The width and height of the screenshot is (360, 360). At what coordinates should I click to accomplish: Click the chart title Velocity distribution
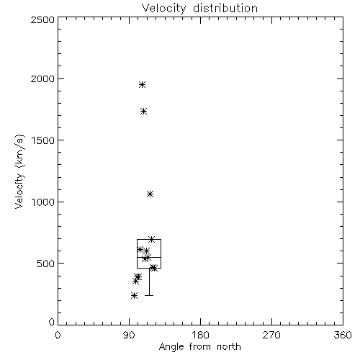point(199,8)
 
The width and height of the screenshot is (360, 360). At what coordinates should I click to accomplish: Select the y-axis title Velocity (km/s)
point(19,171)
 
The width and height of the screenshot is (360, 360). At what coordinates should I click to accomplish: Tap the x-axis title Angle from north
point(199,347)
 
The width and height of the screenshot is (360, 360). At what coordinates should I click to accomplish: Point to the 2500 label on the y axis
point(42,19)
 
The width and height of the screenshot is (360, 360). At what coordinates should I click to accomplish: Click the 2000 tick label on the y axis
point(42,78)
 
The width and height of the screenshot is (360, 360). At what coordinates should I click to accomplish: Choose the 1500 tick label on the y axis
point(43,140)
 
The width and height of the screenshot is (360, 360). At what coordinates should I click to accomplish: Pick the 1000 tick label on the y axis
point(43,202)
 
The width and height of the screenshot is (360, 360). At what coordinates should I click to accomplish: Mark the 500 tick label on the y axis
point(46,264)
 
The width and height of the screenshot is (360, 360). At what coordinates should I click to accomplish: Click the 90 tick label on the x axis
point(129,335)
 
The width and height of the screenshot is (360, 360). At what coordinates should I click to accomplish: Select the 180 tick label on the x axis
point(200,335)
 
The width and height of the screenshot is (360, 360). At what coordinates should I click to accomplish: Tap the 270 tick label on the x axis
point(271,335)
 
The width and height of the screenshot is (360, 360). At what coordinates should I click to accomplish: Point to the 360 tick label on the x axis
point(343,335)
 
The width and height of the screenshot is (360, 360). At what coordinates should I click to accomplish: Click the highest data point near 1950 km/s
point(142,85)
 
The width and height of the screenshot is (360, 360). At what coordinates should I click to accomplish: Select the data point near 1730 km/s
point(143,112)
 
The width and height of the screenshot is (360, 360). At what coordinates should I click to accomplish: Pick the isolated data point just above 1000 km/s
point(150,194)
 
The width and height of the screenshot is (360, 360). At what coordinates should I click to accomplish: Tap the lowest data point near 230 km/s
point(134,295)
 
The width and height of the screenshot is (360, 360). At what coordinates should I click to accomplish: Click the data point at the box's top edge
point(151,239)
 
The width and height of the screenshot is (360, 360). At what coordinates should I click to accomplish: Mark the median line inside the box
point(149,257)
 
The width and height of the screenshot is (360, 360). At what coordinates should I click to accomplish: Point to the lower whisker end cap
point(149,295)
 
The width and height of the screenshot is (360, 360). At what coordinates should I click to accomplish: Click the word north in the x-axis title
point(229,347)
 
